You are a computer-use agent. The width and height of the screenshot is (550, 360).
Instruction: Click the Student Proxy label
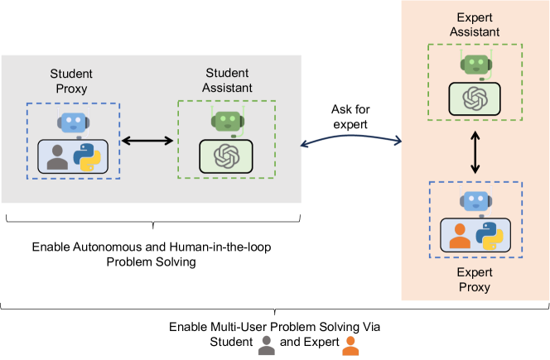[x=71, y=81]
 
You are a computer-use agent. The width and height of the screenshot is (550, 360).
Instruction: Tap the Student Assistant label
[x=227, y=80]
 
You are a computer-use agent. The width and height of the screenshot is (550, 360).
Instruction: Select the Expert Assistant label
[x=475, y=25]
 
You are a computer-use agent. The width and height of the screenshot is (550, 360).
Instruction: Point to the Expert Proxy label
[x=475, y=280]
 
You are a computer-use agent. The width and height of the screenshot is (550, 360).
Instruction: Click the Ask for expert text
[x=350, y=117]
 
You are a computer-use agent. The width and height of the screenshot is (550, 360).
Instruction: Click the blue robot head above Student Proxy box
[x=74, y=122]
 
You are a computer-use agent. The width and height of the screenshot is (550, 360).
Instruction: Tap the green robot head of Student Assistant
[x=228, y=122]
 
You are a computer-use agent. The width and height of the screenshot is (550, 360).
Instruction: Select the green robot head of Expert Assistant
[x=476, y=65]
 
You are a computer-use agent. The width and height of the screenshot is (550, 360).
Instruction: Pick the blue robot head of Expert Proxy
[x=476, y=201]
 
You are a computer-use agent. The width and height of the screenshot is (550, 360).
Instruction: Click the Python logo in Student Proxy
[x=87, y=157]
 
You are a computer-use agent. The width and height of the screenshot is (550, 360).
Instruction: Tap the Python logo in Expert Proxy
[x=490, y=236]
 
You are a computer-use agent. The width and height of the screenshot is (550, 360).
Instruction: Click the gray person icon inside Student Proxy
[x=57, y=157]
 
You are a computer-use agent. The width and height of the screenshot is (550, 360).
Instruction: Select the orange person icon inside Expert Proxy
[x=460, y=236]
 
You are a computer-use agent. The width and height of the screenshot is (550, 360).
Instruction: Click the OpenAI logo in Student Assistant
[x=227, y=156]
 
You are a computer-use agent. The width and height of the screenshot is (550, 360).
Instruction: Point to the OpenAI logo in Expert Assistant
[x=475, y=98]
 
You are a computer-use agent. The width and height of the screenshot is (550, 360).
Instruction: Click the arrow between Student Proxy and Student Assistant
[x=147, y=141]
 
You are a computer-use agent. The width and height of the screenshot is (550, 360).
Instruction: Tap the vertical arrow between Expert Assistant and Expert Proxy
[x=475, y=152]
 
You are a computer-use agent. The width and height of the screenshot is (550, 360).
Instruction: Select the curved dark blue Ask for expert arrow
[x=350, y=136]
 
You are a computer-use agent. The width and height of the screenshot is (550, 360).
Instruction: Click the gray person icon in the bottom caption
[x=267, y=346]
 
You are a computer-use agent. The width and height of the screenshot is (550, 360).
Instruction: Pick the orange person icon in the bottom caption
[x=350, y=346]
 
